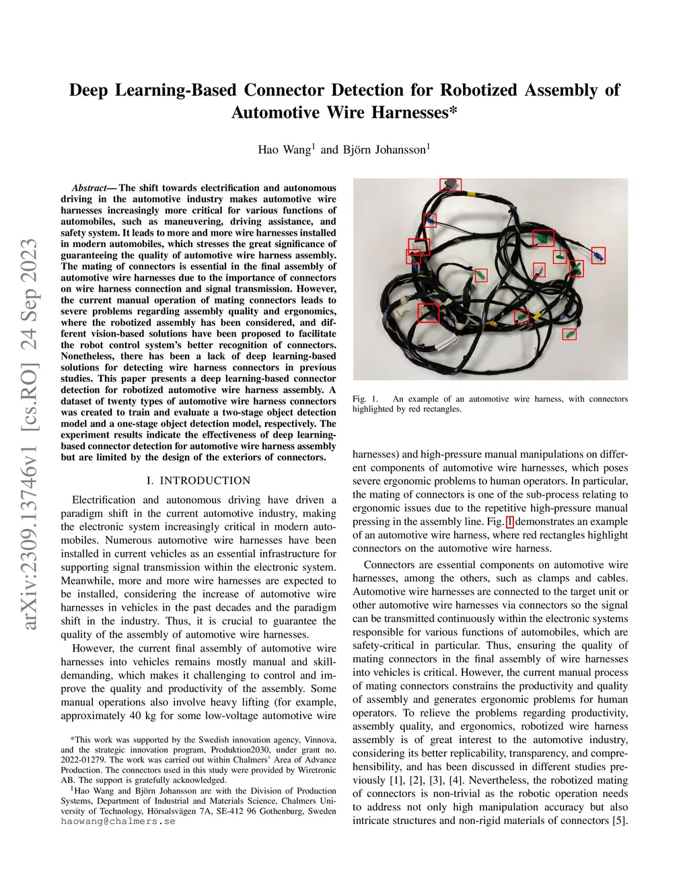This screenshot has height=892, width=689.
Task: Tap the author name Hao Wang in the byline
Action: [x=284, y=149]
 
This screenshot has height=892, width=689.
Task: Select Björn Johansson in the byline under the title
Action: [x=384, y=149]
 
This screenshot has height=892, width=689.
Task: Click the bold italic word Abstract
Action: [x=89, y=188]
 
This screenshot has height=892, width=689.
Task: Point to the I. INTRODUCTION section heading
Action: [x=198, y=481]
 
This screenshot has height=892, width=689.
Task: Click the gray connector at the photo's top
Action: [x=450, y=184]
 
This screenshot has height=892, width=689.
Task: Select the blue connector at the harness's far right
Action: [x=597, y=255]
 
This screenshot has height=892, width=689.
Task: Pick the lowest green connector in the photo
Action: [x=569, y=333]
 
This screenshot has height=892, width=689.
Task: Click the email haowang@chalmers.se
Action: [x=118, y=821]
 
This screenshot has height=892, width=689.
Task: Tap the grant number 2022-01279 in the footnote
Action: [x=85, y=760]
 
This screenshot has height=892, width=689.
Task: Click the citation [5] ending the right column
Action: [x=620, y=821]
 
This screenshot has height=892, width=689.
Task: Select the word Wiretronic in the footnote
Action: [x=316, y=770]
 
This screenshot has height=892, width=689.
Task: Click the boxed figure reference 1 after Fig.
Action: [x=509, y=522]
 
